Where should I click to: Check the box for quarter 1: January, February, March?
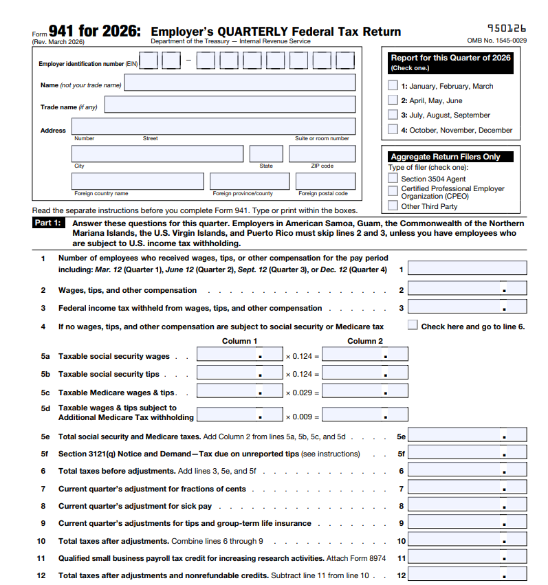coord(393,86)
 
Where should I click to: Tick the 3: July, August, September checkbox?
coord(393,115)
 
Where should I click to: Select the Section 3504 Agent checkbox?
coord(393,179)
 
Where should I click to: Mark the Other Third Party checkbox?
coord(393,206)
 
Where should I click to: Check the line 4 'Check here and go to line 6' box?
coord(413,325)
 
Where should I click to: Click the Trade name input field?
coord(230,107)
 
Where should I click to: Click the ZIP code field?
coord(322,154)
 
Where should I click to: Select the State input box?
coord(266,154)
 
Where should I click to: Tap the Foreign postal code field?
coord(325,181)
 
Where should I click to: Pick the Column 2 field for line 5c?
coord(364,392)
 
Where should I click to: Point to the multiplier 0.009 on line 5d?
coord(298,416)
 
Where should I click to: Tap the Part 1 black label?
coord(48,223)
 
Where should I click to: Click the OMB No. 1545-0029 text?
coord(496,41)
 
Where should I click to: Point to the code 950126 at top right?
coord(506,28)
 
